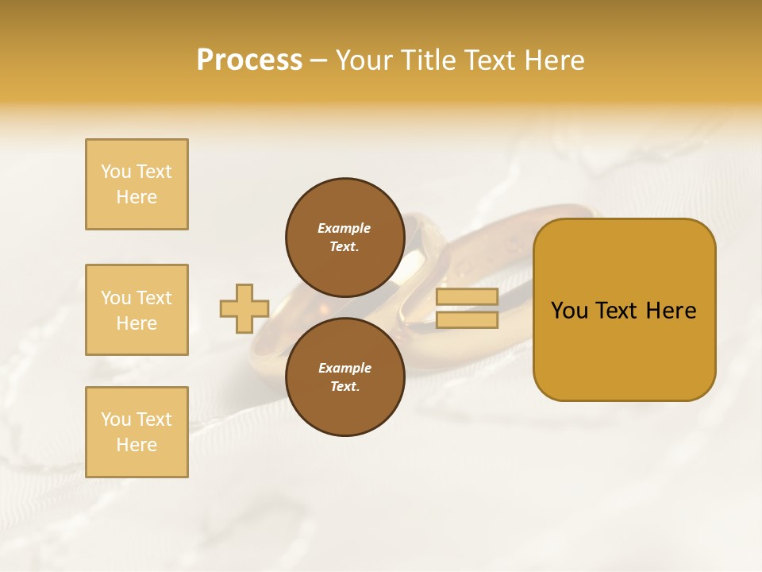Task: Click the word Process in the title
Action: tap(249, 60)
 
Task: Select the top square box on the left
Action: tap(137, 184)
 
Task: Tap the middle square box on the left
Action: tap(137, 310)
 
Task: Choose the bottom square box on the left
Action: tap(137, 432)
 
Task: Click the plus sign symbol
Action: tap(244, 308)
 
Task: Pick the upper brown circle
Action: tap(345, 237)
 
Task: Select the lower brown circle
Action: tap(345, 377)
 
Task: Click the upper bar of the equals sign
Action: tap(467, 297)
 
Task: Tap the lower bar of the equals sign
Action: tap(467, 320)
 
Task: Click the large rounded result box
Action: tap(624, 310)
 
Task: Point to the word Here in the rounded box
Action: tap(671, 311)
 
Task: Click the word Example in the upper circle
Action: tap(344, 228)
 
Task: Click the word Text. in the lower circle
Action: tap(344, 387)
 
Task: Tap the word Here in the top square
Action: tap(137, 197)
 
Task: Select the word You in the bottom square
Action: tap(116, 419)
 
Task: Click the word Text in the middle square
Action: tap(154, 298)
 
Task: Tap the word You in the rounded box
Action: tap(569, 311)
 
